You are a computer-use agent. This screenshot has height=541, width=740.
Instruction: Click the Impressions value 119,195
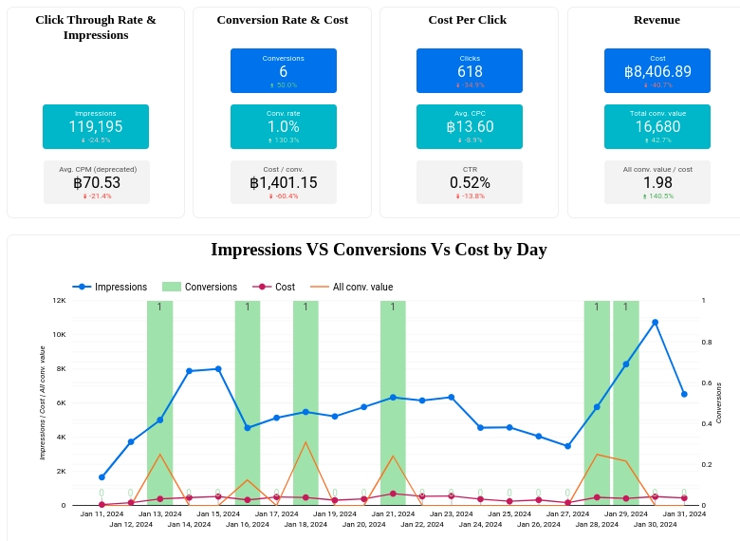[95, 126]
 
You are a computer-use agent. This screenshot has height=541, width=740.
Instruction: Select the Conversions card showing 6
[283, 71]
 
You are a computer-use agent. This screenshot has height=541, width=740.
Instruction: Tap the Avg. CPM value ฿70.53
[97, 182]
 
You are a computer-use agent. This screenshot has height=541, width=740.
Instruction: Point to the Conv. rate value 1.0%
[283, 126]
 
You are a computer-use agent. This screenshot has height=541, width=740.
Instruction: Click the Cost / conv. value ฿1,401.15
[283, 182]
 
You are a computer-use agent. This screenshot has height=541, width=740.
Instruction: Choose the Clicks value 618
[470, 71]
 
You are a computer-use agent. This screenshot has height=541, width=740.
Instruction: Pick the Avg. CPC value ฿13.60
[470, 126]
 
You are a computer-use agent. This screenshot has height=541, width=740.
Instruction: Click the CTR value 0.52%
[470, 182]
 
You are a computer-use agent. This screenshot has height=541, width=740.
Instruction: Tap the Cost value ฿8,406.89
[657, 71]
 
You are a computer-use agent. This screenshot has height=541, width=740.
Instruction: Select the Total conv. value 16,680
[657, 126]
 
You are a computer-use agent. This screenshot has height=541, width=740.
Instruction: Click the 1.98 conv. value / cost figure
[657, 182]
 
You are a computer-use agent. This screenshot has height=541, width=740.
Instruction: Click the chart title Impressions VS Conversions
[379, 250]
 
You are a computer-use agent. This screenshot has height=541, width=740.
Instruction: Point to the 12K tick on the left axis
[59, 300]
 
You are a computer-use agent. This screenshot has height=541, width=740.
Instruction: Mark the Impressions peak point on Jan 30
[655, 323]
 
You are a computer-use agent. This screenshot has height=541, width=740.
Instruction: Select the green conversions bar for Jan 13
[159, 402]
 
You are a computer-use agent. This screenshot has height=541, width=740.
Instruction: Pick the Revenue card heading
[657, 20]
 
